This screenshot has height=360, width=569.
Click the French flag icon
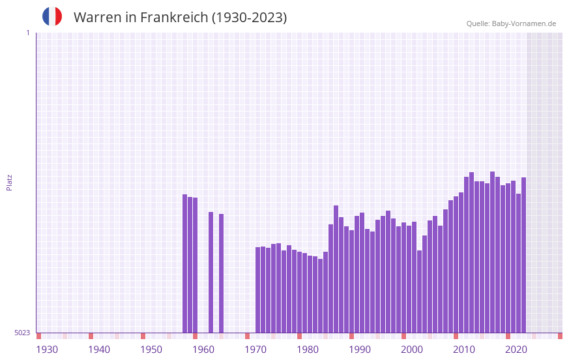tap(52, 16)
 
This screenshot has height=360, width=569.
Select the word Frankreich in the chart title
tap(171, 18)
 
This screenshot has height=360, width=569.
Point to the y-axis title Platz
tap(9, 182)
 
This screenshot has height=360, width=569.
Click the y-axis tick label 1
tap(27, 33)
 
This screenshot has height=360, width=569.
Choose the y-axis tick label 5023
tap(22, 333)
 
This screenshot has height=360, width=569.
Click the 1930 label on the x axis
tap(47, 350)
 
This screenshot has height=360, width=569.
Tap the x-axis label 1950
tap(151, 350)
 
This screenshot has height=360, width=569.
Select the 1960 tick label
tap(203, 350)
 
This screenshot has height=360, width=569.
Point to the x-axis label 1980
tap(308, 350)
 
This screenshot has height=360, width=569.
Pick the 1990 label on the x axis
tap(360, 350)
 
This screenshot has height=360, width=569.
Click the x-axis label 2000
tap(412, 350)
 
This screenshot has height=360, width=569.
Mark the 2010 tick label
tap(464, 350)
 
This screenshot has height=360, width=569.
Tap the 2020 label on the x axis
tap(516, 350)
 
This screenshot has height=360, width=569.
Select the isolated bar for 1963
tap(222, 273)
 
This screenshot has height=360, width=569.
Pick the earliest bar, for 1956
tap(185, 263)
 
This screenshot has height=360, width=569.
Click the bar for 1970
tap(258, 290)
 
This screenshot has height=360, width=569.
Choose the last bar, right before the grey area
tap(523, 255)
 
